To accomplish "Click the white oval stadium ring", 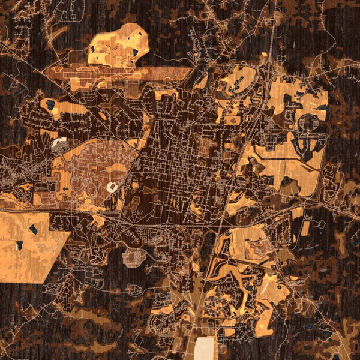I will click(112, 187).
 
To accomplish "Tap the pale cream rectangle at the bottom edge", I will click(206, 348).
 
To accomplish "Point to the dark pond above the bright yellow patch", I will click(50, 105).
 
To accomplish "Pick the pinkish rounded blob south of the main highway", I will click(134, 257).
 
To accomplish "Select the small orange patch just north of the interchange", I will click(263, 58).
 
